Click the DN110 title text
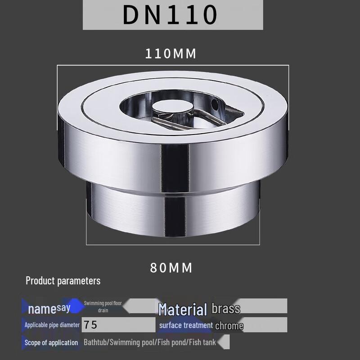point(171,15)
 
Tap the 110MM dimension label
point(171,54)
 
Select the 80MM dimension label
point(171,268)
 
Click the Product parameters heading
point(63,281)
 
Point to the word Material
point(183,309)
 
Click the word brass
point(226,308)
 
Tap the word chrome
point(229,325)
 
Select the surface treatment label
point(186,325)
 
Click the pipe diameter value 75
point(90,325)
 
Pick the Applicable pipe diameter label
point(52,325)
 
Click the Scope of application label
point(51,342)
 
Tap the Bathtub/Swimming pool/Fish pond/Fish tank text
point(150,342)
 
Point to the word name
point(42,310)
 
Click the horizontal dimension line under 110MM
point(173,65)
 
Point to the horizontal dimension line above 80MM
point(172,245)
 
